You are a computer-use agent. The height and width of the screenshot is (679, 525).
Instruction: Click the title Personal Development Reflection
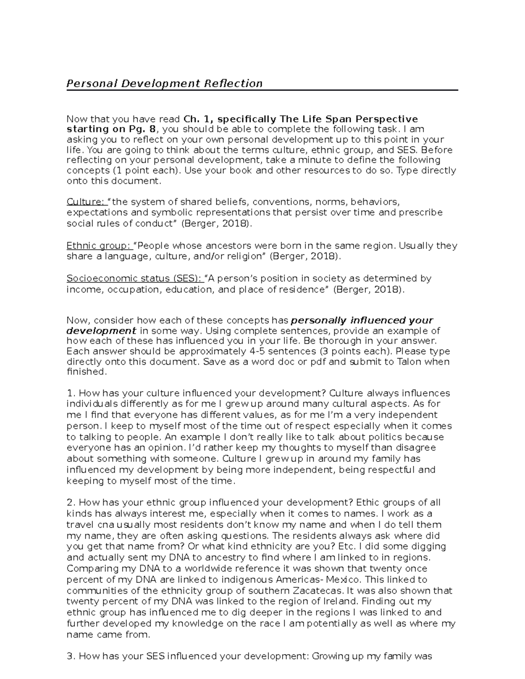tap(164, 84)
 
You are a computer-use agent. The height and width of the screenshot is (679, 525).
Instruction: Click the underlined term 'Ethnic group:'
tap(100, 246)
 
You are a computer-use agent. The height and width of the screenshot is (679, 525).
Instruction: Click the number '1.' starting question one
tap(70, 393)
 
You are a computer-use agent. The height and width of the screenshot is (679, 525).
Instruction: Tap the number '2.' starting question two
tap(71, 502)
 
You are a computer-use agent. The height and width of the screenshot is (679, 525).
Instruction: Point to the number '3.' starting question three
tap(71, 656)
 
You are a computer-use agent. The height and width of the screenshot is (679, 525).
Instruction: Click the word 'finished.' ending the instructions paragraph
tap(86, 372)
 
